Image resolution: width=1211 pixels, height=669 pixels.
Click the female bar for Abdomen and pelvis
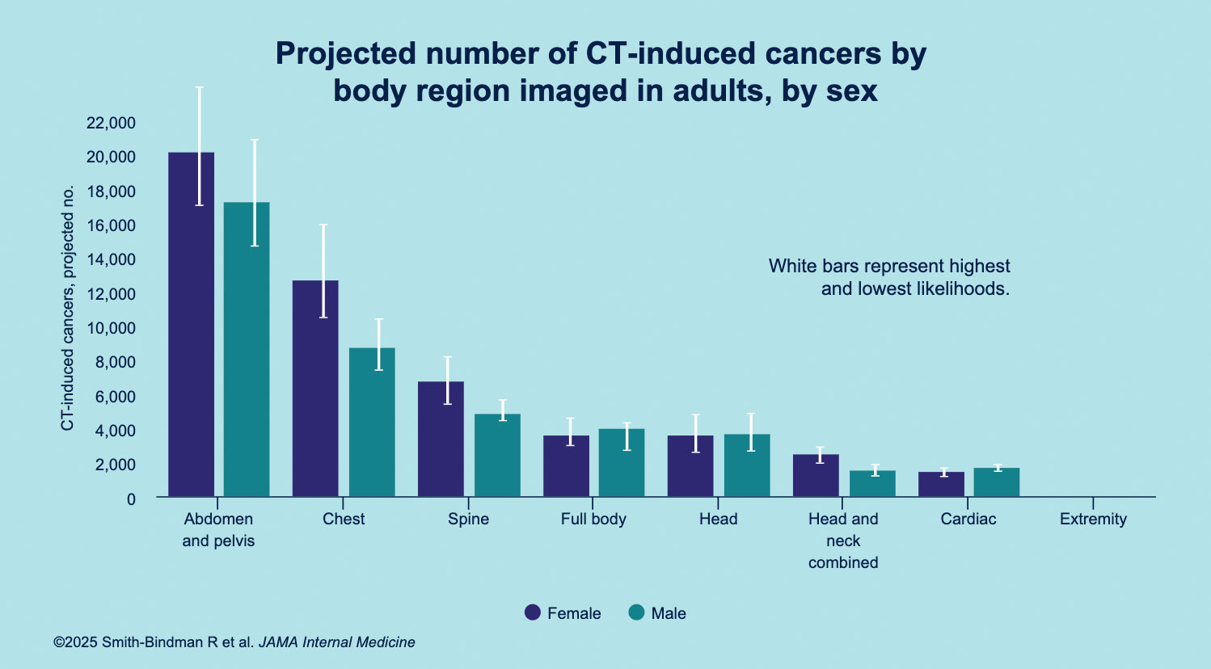(x=191, y=323)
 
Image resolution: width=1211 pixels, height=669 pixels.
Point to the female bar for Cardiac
(x=941, y=484)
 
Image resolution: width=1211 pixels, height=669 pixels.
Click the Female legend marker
(x=533, y=613)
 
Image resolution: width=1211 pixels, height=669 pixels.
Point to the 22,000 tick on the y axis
(x=111, y=123)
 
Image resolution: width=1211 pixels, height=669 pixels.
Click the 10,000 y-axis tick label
(x=111, y=328)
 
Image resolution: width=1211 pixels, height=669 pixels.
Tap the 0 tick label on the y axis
(x=131, y=499)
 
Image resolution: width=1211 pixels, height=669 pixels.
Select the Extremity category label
(x=1093, y=520)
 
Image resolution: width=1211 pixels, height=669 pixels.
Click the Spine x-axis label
(x=468, y=520)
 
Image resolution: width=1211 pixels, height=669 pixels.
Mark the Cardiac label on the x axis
(x=968, y=520)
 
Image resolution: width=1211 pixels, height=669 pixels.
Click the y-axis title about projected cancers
(x=68, y=307)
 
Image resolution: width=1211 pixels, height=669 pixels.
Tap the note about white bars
(x=889, y=277)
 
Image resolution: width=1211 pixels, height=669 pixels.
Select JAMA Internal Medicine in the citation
(x=336, y=642)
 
